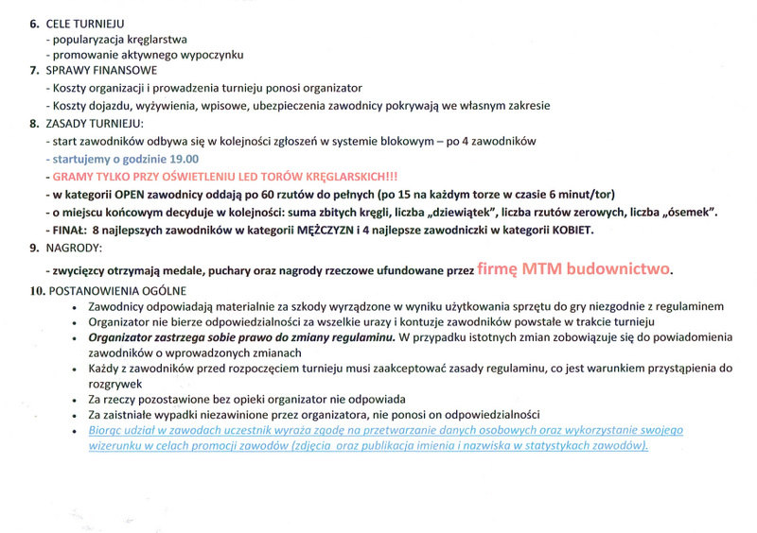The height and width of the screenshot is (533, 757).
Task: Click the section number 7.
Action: coord(34,71)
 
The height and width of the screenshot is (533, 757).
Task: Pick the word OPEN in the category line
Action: coord(132,195)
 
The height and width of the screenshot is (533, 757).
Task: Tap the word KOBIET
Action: coord(572,230)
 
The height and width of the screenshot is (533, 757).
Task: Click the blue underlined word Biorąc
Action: coord(105,430)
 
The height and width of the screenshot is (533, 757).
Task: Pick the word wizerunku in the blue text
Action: coord(115,446)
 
